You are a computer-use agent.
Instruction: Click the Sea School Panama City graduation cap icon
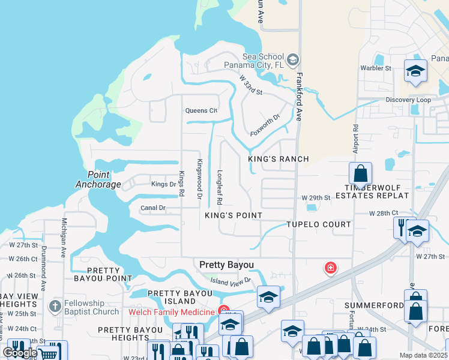pos(292,59)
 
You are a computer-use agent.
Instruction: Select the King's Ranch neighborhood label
pos(279,159)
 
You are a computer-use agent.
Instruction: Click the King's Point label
pos(234,215)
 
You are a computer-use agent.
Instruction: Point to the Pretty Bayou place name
pos(226,265)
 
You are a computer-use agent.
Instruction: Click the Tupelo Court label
pos(318,224)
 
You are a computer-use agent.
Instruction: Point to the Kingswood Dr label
pos(199,179)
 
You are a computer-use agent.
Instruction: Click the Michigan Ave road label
pos(62,238)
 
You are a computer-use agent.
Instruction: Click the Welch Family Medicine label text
pos(171,312)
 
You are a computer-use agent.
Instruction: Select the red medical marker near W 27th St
pos(330,268)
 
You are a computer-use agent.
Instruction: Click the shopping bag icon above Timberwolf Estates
pos(360,174)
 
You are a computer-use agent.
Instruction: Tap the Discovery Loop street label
pos(408,100)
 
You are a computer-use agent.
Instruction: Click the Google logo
pos(20,353)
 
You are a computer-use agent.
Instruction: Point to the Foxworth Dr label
pos(265,125)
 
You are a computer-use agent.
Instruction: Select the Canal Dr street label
pos(152,208)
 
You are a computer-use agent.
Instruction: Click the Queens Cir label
pos(200,110)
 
